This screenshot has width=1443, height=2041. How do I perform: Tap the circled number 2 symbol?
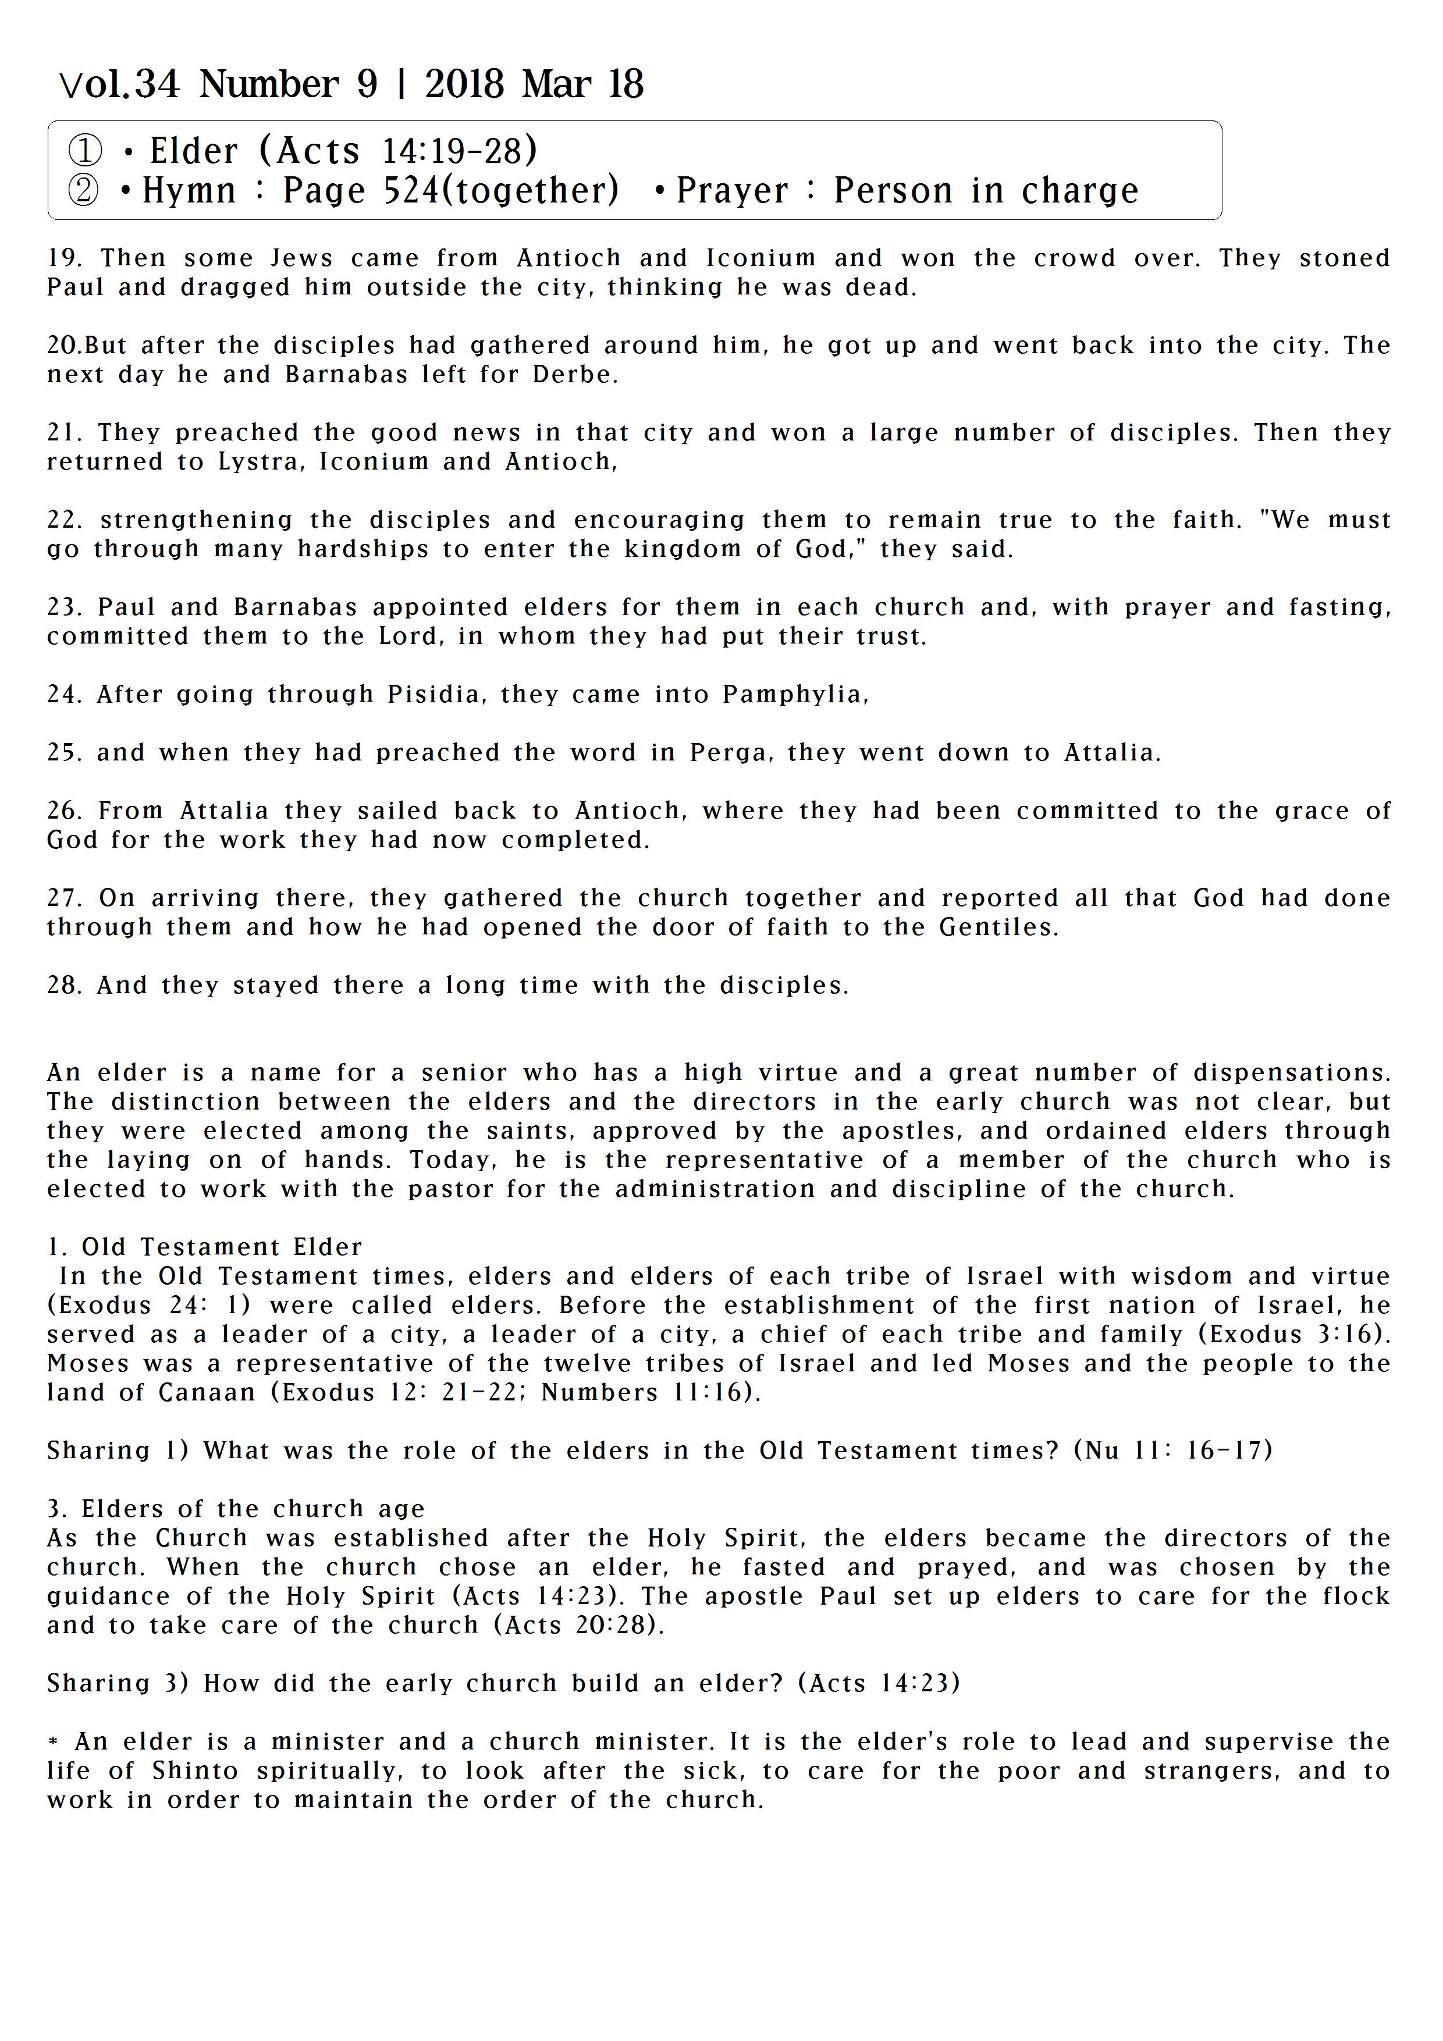tap(84, 190)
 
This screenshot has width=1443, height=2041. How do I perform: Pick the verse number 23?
tap(64, 608)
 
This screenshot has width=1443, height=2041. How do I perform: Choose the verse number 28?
tap(64, 986)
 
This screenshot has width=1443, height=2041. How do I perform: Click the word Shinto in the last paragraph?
tap(194, 1771)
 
